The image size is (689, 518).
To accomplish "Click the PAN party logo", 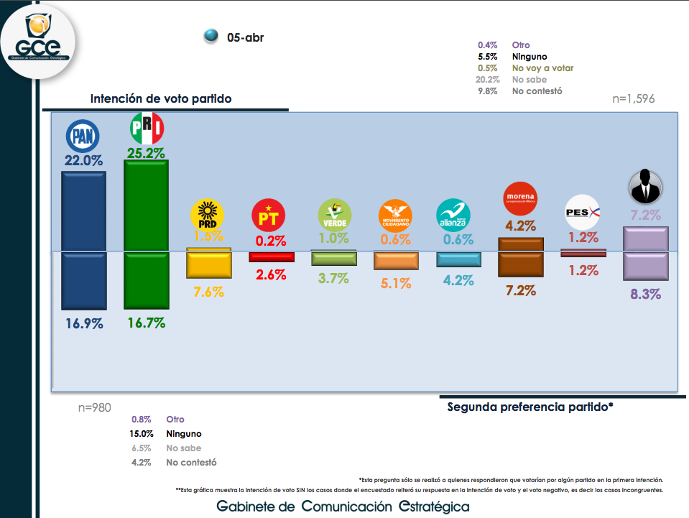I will tap(82, 135).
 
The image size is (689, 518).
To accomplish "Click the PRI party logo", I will tap(147, 129).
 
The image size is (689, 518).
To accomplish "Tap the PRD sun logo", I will tap(208, 214).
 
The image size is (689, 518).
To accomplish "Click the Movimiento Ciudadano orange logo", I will tap(395, 214).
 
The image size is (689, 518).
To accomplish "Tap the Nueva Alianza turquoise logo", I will tap(454, 213).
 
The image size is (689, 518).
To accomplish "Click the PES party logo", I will tap(583, 213).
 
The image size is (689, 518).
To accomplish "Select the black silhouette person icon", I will tap(645, 187).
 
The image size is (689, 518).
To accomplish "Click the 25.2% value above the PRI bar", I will tap(146, 153).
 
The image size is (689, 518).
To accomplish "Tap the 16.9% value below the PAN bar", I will tap(83, 323).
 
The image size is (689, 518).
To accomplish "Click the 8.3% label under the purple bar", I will tap(645, 293).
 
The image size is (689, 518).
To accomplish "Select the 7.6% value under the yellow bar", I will tap(208, 292).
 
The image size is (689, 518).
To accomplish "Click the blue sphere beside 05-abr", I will tap(211, 36).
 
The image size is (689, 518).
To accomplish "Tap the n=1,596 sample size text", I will tap(633, 99).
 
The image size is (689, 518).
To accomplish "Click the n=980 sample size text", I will tap(94, 407).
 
